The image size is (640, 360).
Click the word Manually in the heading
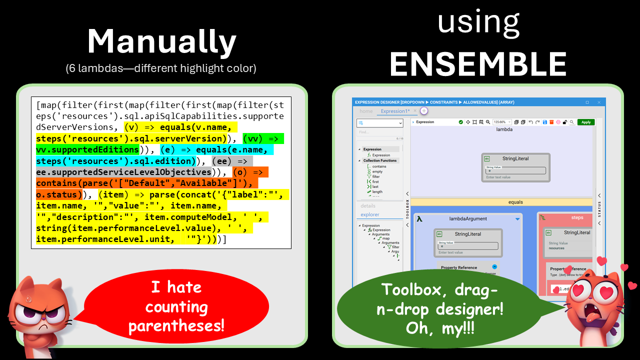pyautogui.click(x=161, y=42)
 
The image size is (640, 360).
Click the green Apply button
pyautogui.click(x=585, y=122)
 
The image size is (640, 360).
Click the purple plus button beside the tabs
pyautogui.click(x=423, y=111)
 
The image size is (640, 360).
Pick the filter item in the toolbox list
pyautogui.click(x=375, y=176)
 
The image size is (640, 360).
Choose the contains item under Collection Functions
pyautogui.click(x=379, y=166)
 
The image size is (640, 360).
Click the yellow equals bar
pyautogui.click(x=515, y=202)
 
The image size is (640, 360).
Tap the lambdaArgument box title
pyautogui.click(x=468, y=218)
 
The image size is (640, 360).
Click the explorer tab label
pyautogui.click(x=370, y=214)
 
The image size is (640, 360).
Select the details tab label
pyautogui.click(x=368, y=205)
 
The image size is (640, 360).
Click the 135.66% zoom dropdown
pyautogui.click(x=502, y=122)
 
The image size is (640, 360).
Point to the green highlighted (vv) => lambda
pyautogui.click(x=263, y=138)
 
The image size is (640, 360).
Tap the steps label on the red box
pyautogui.click(x=577, y=217)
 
